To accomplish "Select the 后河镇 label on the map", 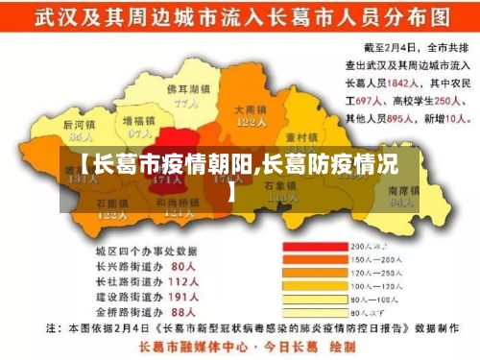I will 81,125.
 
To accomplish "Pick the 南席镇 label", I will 404,190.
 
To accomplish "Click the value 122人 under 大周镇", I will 251,122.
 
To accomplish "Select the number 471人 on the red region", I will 168,180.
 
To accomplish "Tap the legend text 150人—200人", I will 378,258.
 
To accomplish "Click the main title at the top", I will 240,17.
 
